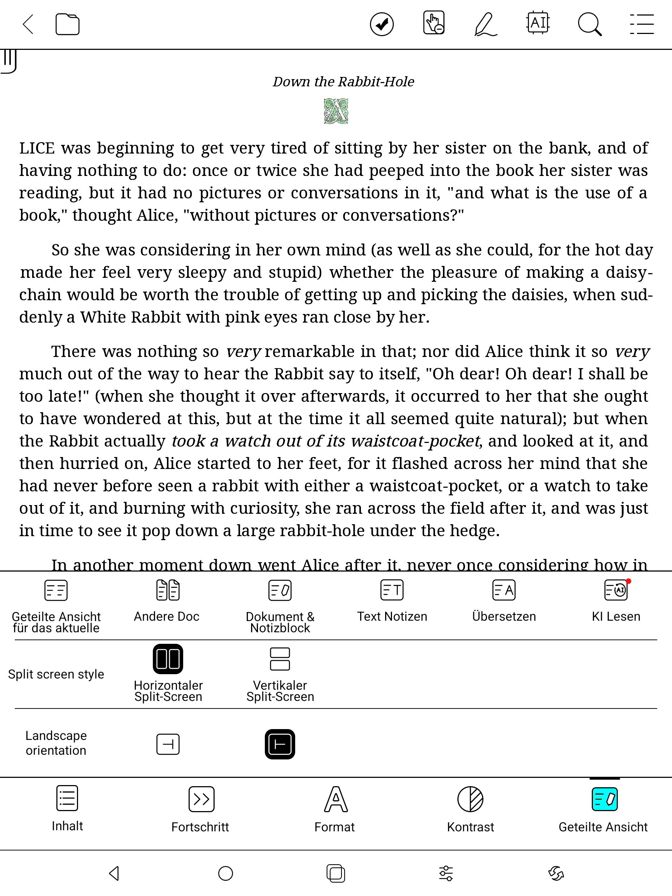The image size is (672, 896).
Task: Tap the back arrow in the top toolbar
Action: (28, 24)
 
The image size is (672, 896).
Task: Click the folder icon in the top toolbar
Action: (67, 25)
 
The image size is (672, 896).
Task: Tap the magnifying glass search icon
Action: (589, 24)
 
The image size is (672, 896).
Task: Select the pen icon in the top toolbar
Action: (485, 24)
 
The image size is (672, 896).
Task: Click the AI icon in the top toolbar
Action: (538, 23)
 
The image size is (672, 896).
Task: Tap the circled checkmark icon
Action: (382, 24)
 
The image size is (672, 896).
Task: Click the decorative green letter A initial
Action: (336, 111)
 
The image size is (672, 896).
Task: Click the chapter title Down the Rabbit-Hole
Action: (343, 82)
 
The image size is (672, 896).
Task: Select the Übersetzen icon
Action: (504, 590)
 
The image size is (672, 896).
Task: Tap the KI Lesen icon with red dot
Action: (616, 590)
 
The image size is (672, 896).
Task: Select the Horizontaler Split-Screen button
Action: (168, 659)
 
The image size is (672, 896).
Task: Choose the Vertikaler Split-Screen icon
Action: (280, 659)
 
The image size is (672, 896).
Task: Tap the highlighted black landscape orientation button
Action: (280, 744)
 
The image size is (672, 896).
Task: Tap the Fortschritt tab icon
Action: (201, 799)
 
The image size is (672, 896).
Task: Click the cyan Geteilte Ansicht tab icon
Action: (604, 799)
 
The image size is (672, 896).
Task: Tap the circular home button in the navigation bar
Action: (225, 873)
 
